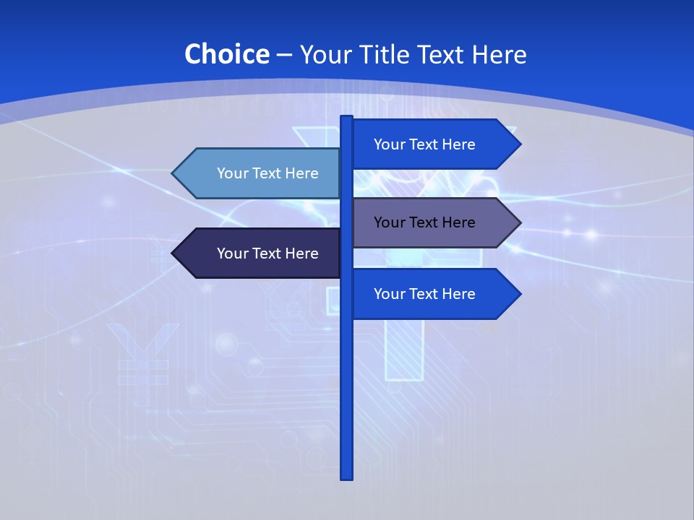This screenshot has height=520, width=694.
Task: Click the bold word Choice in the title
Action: (x=226, y=54)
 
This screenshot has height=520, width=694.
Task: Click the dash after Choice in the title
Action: (x=284, y=55)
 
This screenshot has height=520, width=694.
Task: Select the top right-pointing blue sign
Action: (x=434, y=144)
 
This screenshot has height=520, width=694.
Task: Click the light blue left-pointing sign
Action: (x=260, y=173)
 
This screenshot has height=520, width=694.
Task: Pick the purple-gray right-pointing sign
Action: (x=434, y=222)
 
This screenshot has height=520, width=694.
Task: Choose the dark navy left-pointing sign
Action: (x=260, y=253)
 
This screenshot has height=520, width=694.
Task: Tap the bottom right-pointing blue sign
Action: (x=434, y=294)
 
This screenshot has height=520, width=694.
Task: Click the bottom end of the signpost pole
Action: (x=347, y=476)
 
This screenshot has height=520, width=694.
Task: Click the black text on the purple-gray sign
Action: (x=424, y=222)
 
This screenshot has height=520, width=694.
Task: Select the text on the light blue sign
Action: (x=267, y=173)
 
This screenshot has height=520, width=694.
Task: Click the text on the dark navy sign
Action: (x=267, y=253)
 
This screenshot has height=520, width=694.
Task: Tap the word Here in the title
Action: (x=499, y=54)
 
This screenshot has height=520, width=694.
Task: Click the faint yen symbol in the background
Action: (x=142, y=354)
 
